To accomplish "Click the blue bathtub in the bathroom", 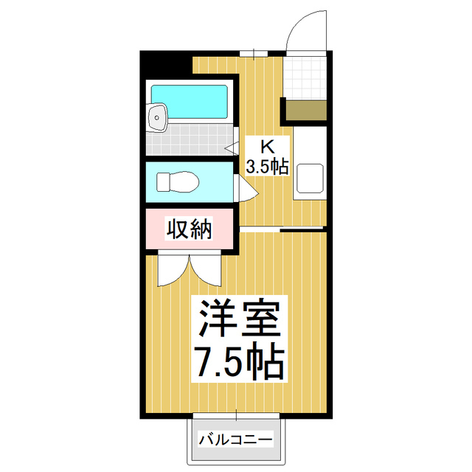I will click(x=190, y=101).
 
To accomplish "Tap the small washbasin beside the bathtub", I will click(x=156, y=116).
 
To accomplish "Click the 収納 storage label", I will click(x=189, y=229).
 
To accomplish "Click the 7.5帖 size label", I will click(x=237, y=361).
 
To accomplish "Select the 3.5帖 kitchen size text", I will click(x=266, y=167).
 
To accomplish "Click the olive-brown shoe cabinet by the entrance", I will click(x=306, y=111).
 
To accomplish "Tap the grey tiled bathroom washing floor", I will click(x=188, y=139).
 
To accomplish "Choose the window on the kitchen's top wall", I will click(x=254, y=53).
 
